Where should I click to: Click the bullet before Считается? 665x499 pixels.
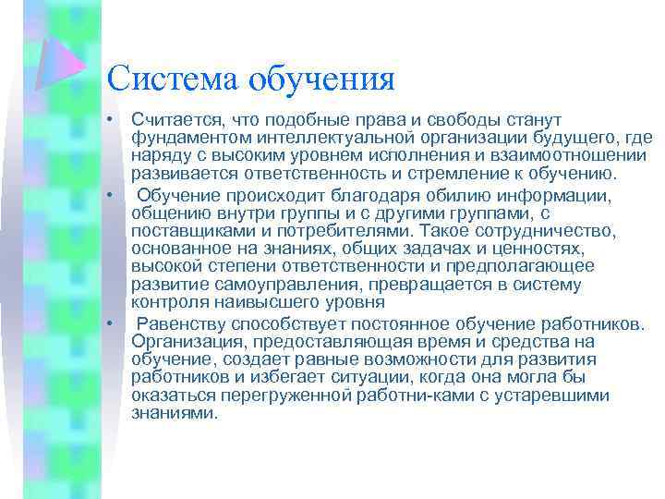tap(109, 120)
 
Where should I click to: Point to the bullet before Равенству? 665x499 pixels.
tap(109, 323)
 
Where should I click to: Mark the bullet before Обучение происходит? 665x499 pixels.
tap(109, 195)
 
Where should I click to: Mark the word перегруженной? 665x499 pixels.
tap(269, 395)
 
